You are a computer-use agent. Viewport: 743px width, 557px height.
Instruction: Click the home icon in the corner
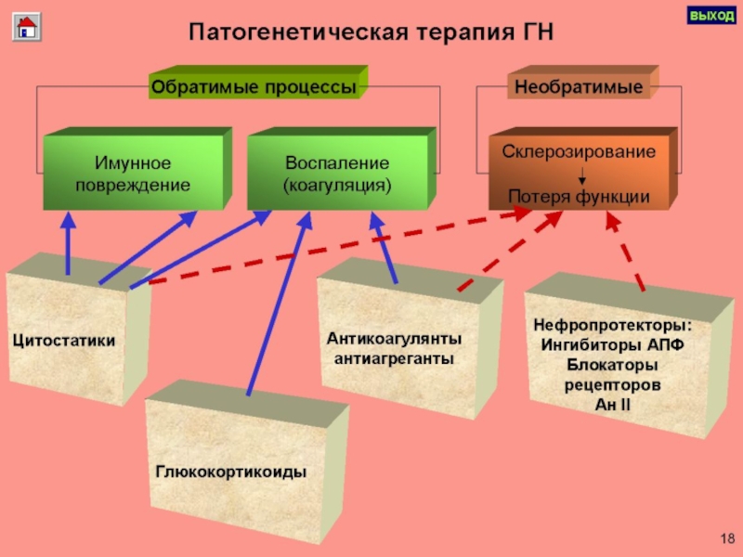[x=25, y=26]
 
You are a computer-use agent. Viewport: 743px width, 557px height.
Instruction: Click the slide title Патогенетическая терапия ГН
[x=371, y=32]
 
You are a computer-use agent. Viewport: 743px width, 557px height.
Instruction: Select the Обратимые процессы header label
[x=254, y=87]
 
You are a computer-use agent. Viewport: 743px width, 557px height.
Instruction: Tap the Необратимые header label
[x=579, y=87]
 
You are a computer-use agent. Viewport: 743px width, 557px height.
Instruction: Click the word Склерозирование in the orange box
[x=579, y=150]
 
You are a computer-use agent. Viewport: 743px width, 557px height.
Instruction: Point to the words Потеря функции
[x=579, y=197]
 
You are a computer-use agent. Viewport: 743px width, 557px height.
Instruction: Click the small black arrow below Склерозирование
[x=581, y=175]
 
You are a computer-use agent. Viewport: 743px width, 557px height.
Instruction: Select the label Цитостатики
[x=64, y=341]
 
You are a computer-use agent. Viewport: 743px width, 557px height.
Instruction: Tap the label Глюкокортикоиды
[x=231, y=473]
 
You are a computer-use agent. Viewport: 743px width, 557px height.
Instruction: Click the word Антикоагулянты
[x=394, y=339]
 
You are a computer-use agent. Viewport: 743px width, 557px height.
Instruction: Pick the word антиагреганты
[x=394, y=357]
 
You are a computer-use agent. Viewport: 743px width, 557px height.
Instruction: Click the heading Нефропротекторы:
[x=612, y=327]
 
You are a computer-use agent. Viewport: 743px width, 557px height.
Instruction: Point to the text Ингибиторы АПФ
[x=612, y=345]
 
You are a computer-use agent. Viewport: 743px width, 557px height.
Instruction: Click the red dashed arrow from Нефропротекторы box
[x=625, y=251]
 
